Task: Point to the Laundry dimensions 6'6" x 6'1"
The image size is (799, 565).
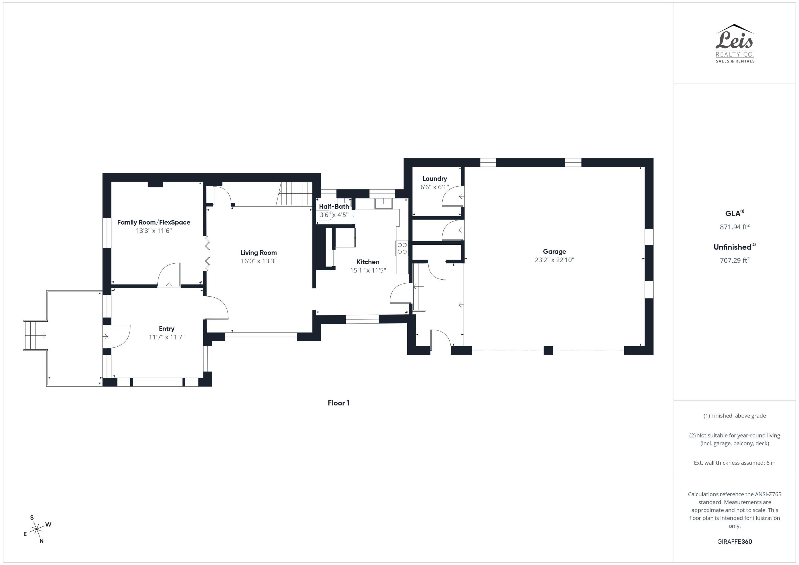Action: (x=435, y=187)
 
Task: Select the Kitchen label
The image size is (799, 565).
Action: (x=368, y=262)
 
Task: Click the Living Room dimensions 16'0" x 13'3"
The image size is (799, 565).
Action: (x=259, y=261)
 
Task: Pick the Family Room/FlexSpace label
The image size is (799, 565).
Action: (x=153, y=222)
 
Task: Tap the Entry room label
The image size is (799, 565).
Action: (x=166, y=329)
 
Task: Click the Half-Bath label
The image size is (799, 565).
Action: (x=334, y=206)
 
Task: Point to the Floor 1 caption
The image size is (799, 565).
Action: (x=338, y=403)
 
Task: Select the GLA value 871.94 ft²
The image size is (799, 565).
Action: (x=734, y=227)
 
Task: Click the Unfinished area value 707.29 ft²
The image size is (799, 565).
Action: (x=734, y=260)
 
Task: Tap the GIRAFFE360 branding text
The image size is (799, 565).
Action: (x=734, y=541)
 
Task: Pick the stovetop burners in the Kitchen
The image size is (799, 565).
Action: (x=402, y=248)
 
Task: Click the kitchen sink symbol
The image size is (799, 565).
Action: (x=383, y=203)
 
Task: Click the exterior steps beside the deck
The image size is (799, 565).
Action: (x=35, y=335)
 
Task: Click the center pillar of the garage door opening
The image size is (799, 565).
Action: (x=548, y=350)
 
